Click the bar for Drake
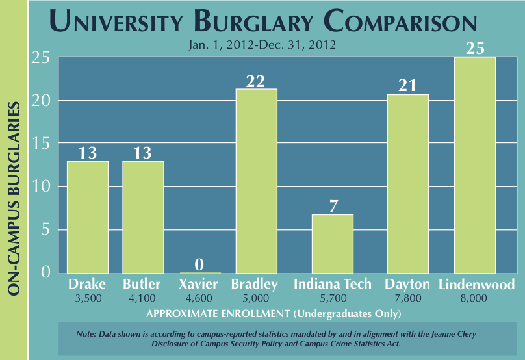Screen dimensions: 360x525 tap(88, 217)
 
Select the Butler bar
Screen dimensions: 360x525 tap(143, 217)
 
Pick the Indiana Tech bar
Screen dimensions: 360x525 tap(333, 244)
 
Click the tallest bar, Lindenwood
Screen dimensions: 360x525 tap(475, 165)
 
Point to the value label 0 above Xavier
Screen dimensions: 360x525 tap(199, 264)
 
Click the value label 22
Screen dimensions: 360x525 tap(256, 81)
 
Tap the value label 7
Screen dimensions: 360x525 tap(333, 206)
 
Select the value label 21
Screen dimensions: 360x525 tap(407, 86)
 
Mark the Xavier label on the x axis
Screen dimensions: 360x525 tap(199, 284)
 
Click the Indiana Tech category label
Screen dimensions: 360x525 tap(333, 284)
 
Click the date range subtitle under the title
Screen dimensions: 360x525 tap(262, 45)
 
